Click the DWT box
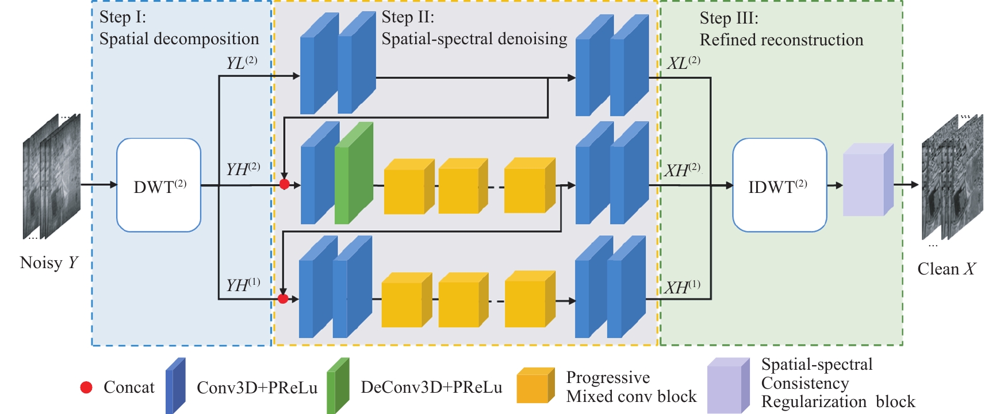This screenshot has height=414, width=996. pyautogui.click(x=159, y=185)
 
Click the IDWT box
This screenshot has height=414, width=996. pyautogui.click(x=779, y=185)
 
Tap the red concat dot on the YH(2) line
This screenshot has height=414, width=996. pyautogui.click(x=284, y=184)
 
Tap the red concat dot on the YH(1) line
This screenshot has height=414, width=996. pyautogui.click(x=283, y=299)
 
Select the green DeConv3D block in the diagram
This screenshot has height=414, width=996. pyautogui.click(x=353, y=173)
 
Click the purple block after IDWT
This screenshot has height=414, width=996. pyautogui.click(x=868, y=180)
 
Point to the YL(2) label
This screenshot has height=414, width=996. pyautogui.click(x=242, y=63)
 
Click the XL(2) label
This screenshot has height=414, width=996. pyautogui.click(x=683, y=63)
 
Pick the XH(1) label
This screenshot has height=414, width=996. pyautogui.click(x=682, y=287)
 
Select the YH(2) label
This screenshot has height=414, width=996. pyautogui.click(x=243, y=169)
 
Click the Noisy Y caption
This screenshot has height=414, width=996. pyautogui.click(x=49, y=263)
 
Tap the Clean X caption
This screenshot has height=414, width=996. pyautogui.click(x=946, y=269)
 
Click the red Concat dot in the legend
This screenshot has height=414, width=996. pyautogui.click(x=86, y=388)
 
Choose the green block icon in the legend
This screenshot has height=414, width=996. pyautogui.click(x=338, y=386)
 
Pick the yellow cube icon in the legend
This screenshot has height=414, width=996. pyautogui.click(x=535, y=386)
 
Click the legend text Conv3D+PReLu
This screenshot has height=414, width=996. pyautogui.click(x=256, y=388)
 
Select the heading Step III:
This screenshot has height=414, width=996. pyautogui.click(x=729, y=18)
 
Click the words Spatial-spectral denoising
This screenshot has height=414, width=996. pyautogui.click(x=474, y=39)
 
